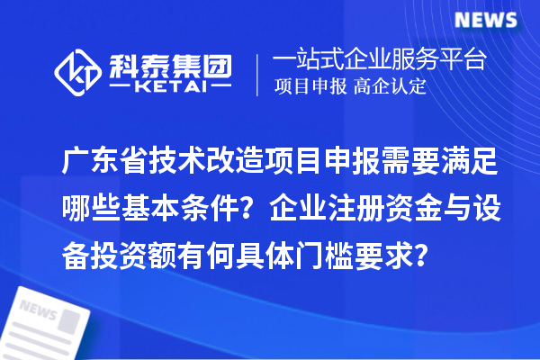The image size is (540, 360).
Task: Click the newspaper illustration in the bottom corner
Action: point(49,319)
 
